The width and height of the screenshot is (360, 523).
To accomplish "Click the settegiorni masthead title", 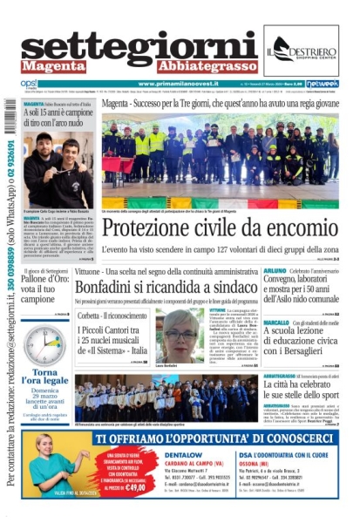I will [139, 46].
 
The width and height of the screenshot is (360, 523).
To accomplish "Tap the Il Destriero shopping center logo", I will [301, 50].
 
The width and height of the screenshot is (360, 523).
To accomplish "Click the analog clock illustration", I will [44, 346].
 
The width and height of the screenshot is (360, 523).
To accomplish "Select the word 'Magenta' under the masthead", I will [54, 66].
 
